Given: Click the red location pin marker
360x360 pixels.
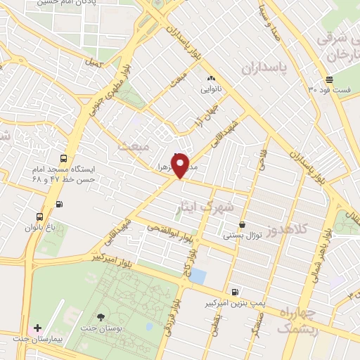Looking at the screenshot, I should pos(181,165).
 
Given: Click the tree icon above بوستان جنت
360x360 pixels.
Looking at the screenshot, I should pos(102,317).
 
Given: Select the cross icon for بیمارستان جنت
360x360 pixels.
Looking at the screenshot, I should pos(38,328).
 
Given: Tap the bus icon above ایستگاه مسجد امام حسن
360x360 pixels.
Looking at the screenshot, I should pos(64,159).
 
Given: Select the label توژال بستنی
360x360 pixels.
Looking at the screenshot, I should pos(243,236).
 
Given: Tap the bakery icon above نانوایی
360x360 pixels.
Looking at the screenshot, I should pos(210,78).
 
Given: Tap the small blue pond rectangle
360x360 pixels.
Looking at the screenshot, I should pos(198,276).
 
